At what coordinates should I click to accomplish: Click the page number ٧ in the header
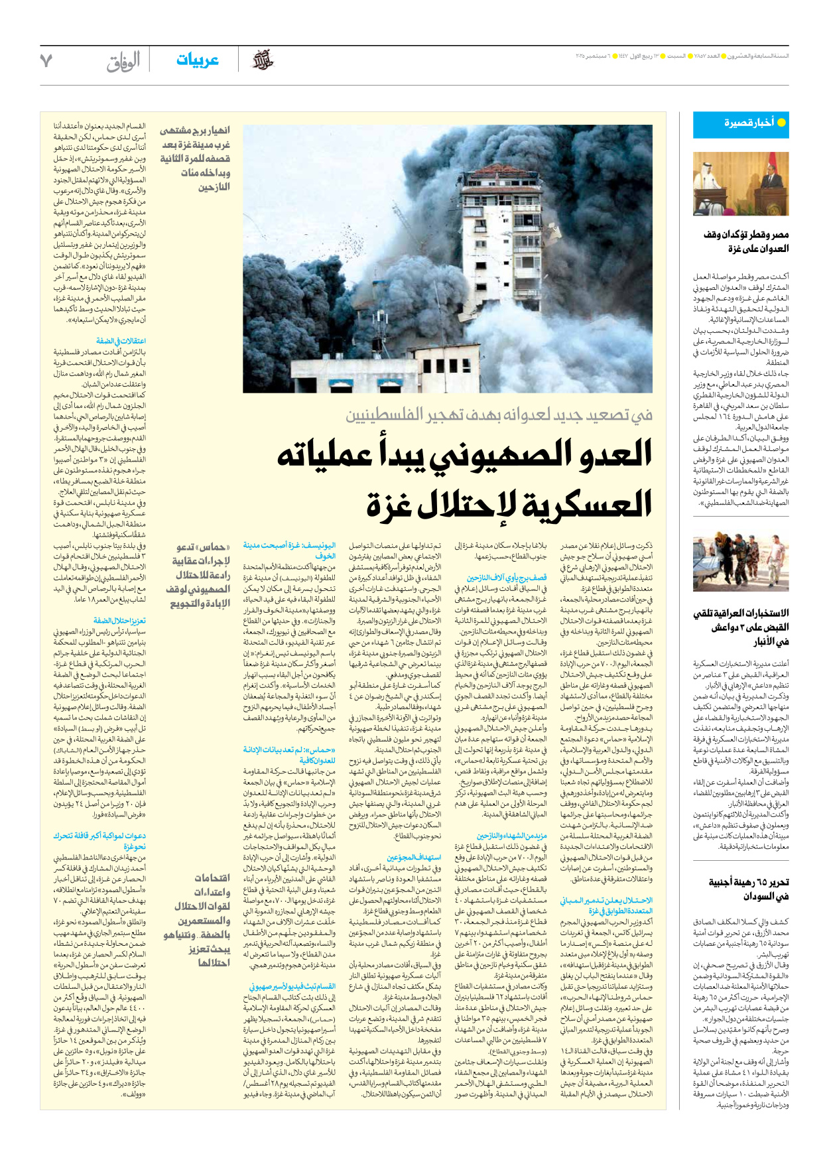coord(46,60)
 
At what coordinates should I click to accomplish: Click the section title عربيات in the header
coord(197,60)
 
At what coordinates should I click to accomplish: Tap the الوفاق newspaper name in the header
coord(123,62)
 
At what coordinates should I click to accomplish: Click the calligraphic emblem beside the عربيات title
coord(263,60)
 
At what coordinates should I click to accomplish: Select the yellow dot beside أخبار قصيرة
coord(781,123)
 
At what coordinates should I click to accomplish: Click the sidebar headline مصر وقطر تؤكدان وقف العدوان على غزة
coord(746,241)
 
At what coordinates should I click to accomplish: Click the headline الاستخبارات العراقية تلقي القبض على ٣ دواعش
coord(741,627)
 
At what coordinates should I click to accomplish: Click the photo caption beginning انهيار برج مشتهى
coord(195,159)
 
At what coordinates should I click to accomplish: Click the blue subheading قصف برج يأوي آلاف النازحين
coord(506,578)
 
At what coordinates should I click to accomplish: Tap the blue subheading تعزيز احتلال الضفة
coord(119,621)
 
